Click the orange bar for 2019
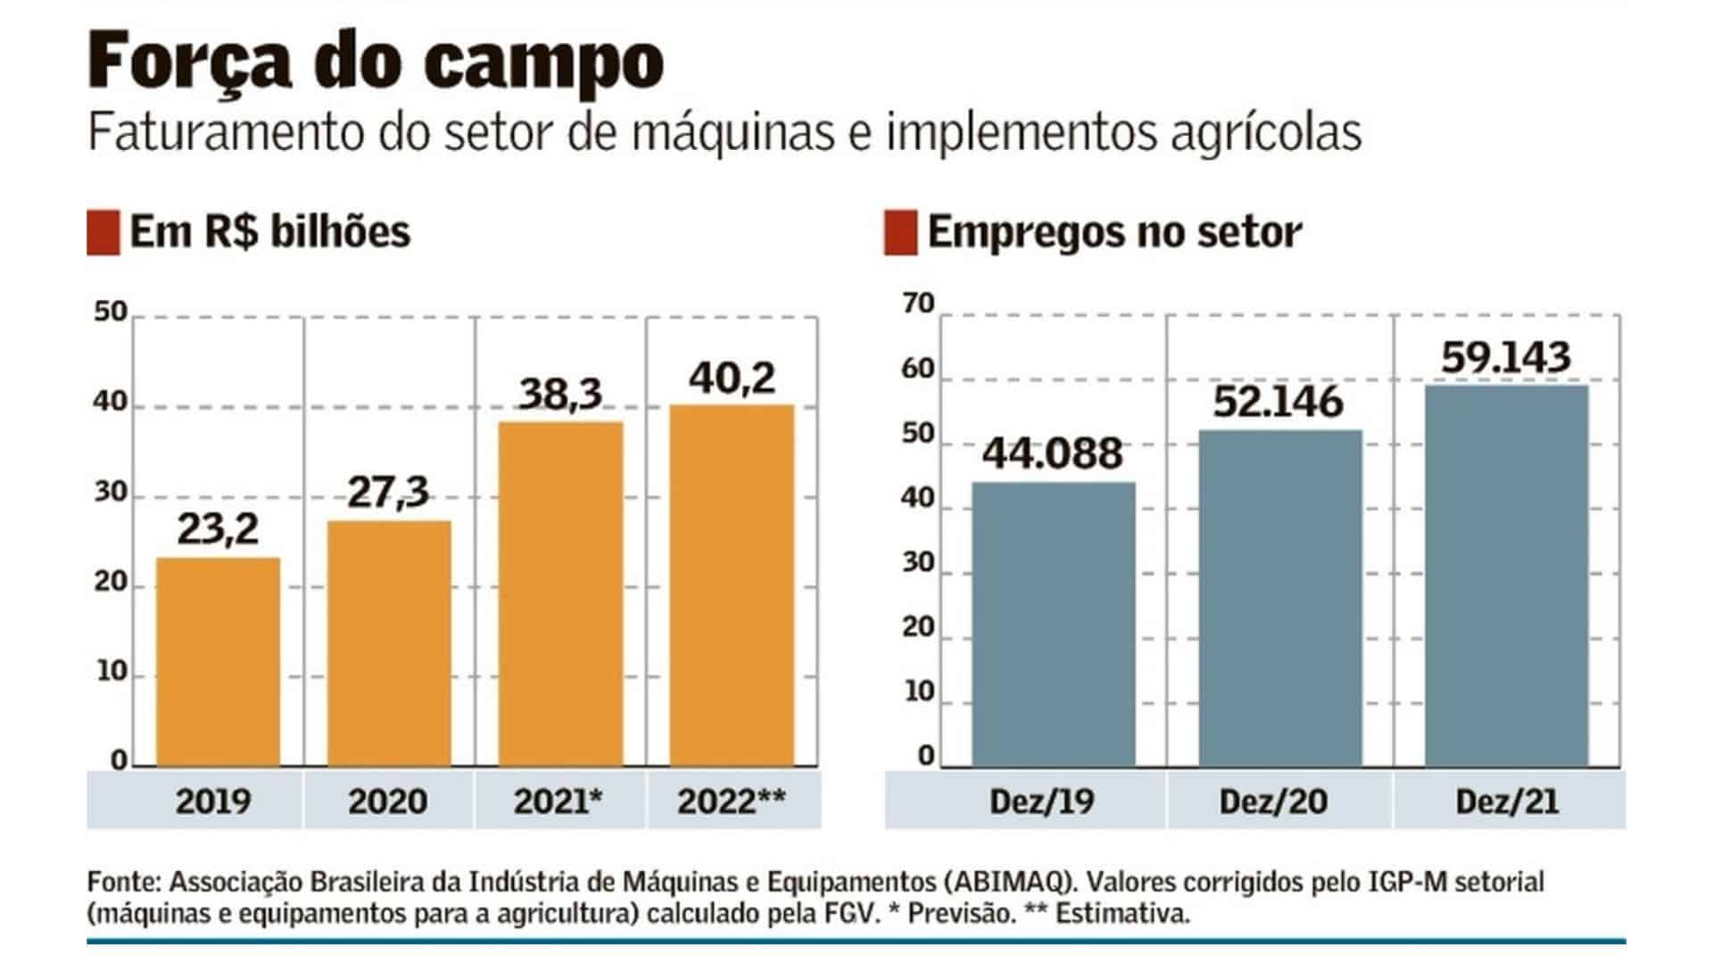tap(218, 661)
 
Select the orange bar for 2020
tap(389, 643)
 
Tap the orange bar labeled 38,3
tap(560, 594)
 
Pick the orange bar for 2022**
tap(732, 586)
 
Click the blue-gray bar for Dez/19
tap(1054, 624)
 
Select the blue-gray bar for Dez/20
tap(1280, 598)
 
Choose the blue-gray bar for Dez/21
tap(1507, 576)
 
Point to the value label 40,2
tap(732, 378)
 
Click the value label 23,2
tap(218, 528)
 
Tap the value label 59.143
tap(1506, 357)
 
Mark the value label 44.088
tap(1053, 453)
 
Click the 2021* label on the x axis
tap(559, 802)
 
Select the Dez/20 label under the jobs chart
tap(1273, 802)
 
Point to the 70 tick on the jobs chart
tap(918, 304)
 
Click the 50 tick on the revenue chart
tap(112, 312)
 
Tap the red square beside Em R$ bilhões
tap(103, 233)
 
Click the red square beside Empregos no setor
tap(900, 233)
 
